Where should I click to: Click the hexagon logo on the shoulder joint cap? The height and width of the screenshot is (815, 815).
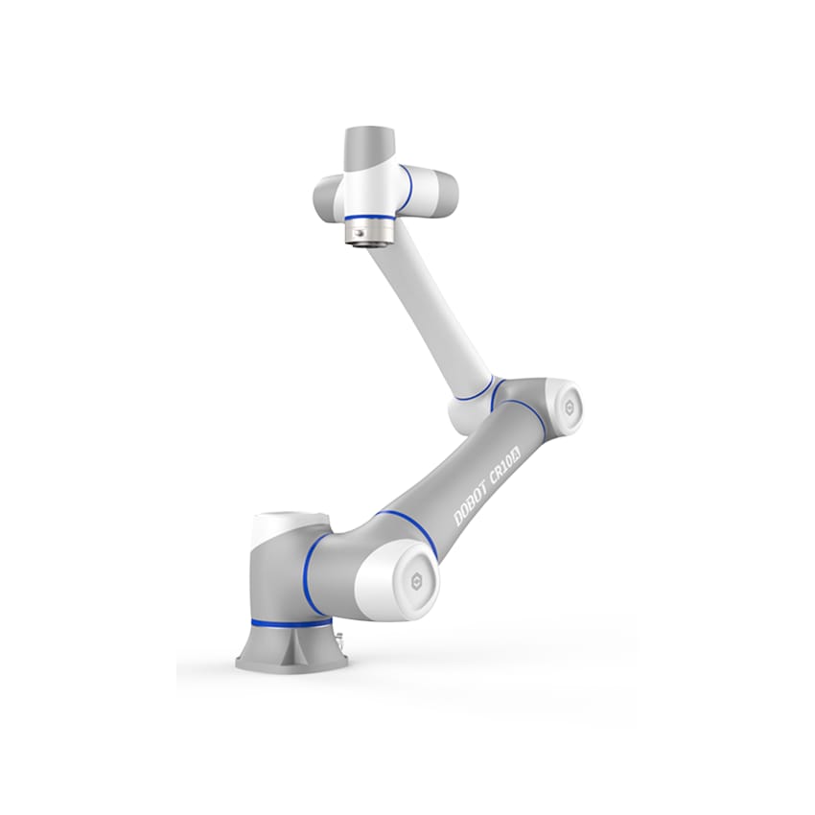418,581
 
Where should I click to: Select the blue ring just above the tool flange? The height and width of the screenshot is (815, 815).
367,220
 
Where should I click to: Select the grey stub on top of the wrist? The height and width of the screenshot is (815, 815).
370,145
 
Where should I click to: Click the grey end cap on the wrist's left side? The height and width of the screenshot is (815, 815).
325,198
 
